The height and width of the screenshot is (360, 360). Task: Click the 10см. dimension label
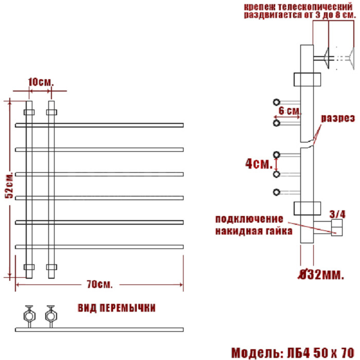coord(41,82)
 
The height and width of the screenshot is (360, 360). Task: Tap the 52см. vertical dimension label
coord(10,185)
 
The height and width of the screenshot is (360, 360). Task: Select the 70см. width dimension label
coord(100,284)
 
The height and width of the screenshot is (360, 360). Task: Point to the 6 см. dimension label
coord(289,111)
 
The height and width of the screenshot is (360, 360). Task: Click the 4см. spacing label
coord(259,164)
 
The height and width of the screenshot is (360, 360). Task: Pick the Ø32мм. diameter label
coord(321,274)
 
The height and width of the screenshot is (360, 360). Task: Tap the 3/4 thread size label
coord(337,214)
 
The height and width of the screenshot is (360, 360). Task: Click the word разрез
coord(338,118)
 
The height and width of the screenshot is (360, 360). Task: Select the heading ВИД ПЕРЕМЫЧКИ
coord(117,308)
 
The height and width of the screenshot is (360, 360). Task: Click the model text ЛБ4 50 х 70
coord(321,353)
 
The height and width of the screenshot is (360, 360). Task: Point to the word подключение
coord(249,219)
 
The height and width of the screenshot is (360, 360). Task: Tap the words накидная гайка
coord(254,231)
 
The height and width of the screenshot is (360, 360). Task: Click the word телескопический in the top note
coord(315,7)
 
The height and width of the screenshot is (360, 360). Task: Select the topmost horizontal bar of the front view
coord(99,125)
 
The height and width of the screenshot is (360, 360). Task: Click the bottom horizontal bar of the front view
coord(99,247)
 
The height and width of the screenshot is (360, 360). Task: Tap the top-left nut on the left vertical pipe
coord(29,112)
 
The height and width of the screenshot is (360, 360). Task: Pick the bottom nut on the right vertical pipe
coord(51,267)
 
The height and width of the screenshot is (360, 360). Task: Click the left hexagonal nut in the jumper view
coord(29,316)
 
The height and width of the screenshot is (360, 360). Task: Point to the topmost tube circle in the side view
coord(277,102)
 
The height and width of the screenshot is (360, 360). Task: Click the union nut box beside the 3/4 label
coord(337,227)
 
